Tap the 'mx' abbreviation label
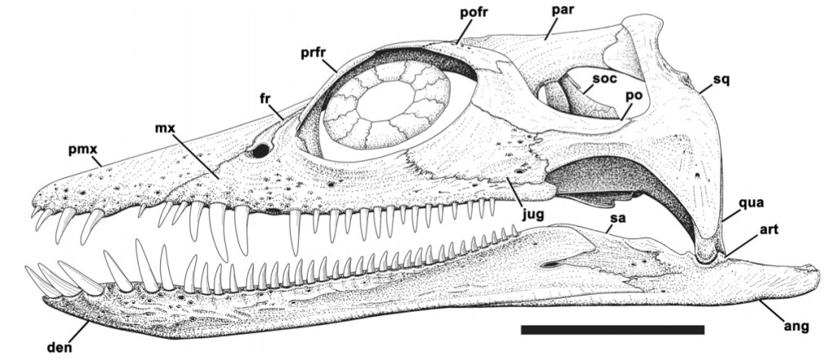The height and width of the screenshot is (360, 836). (x=166, y=128)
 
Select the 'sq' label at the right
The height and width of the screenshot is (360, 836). (x=720, y=80)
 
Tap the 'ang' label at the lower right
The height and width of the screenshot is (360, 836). (x=795, y=327)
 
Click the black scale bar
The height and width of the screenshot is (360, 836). (x=611, y=330)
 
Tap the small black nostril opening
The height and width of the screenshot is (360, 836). (x=261, y=151)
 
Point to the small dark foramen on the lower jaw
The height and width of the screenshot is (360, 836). (x=553, y=264)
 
